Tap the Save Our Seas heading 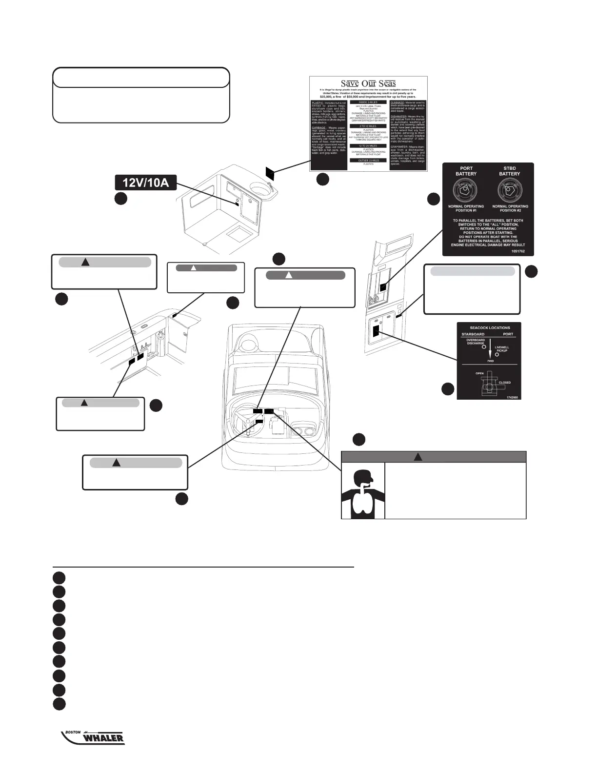[x=368, y=82]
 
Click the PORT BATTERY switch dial [x=466, y=190]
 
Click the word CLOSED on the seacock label [x=504, y=383]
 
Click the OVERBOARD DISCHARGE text [x=475, y=341]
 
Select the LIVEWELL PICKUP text [x=502, y=349]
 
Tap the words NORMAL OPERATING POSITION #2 [x=510, y=208]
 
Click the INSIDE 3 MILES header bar [x=368, y=102]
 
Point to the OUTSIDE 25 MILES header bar [x=368, y=160]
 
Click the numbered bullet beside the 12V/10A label [x=121, y=198]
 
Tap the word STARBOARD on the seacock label [x=473, y=334]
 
